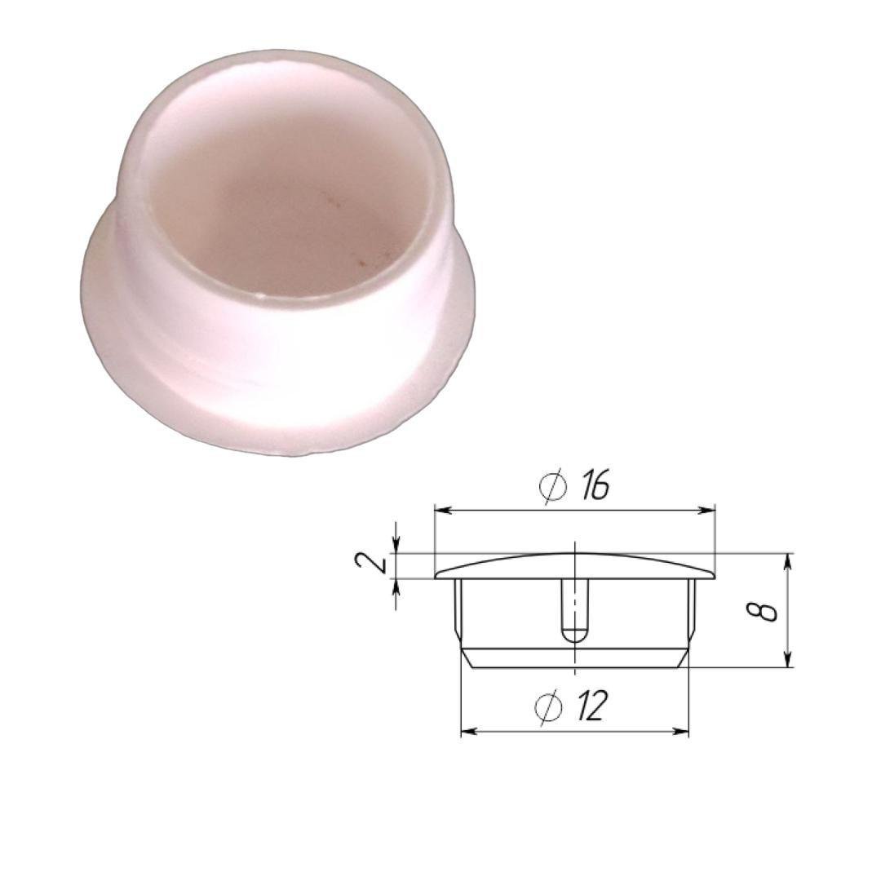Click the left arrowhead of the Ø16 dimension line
pyautogui.click(x=443, y=510)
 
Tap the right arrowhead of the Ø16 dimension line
pyautogui.click(x=706, y=510)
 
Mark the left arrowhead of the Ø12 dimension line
pyautogui.click(x=469, y=731)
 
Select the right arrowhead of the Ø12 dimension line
pyautogui.click(x=680, y=731)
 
